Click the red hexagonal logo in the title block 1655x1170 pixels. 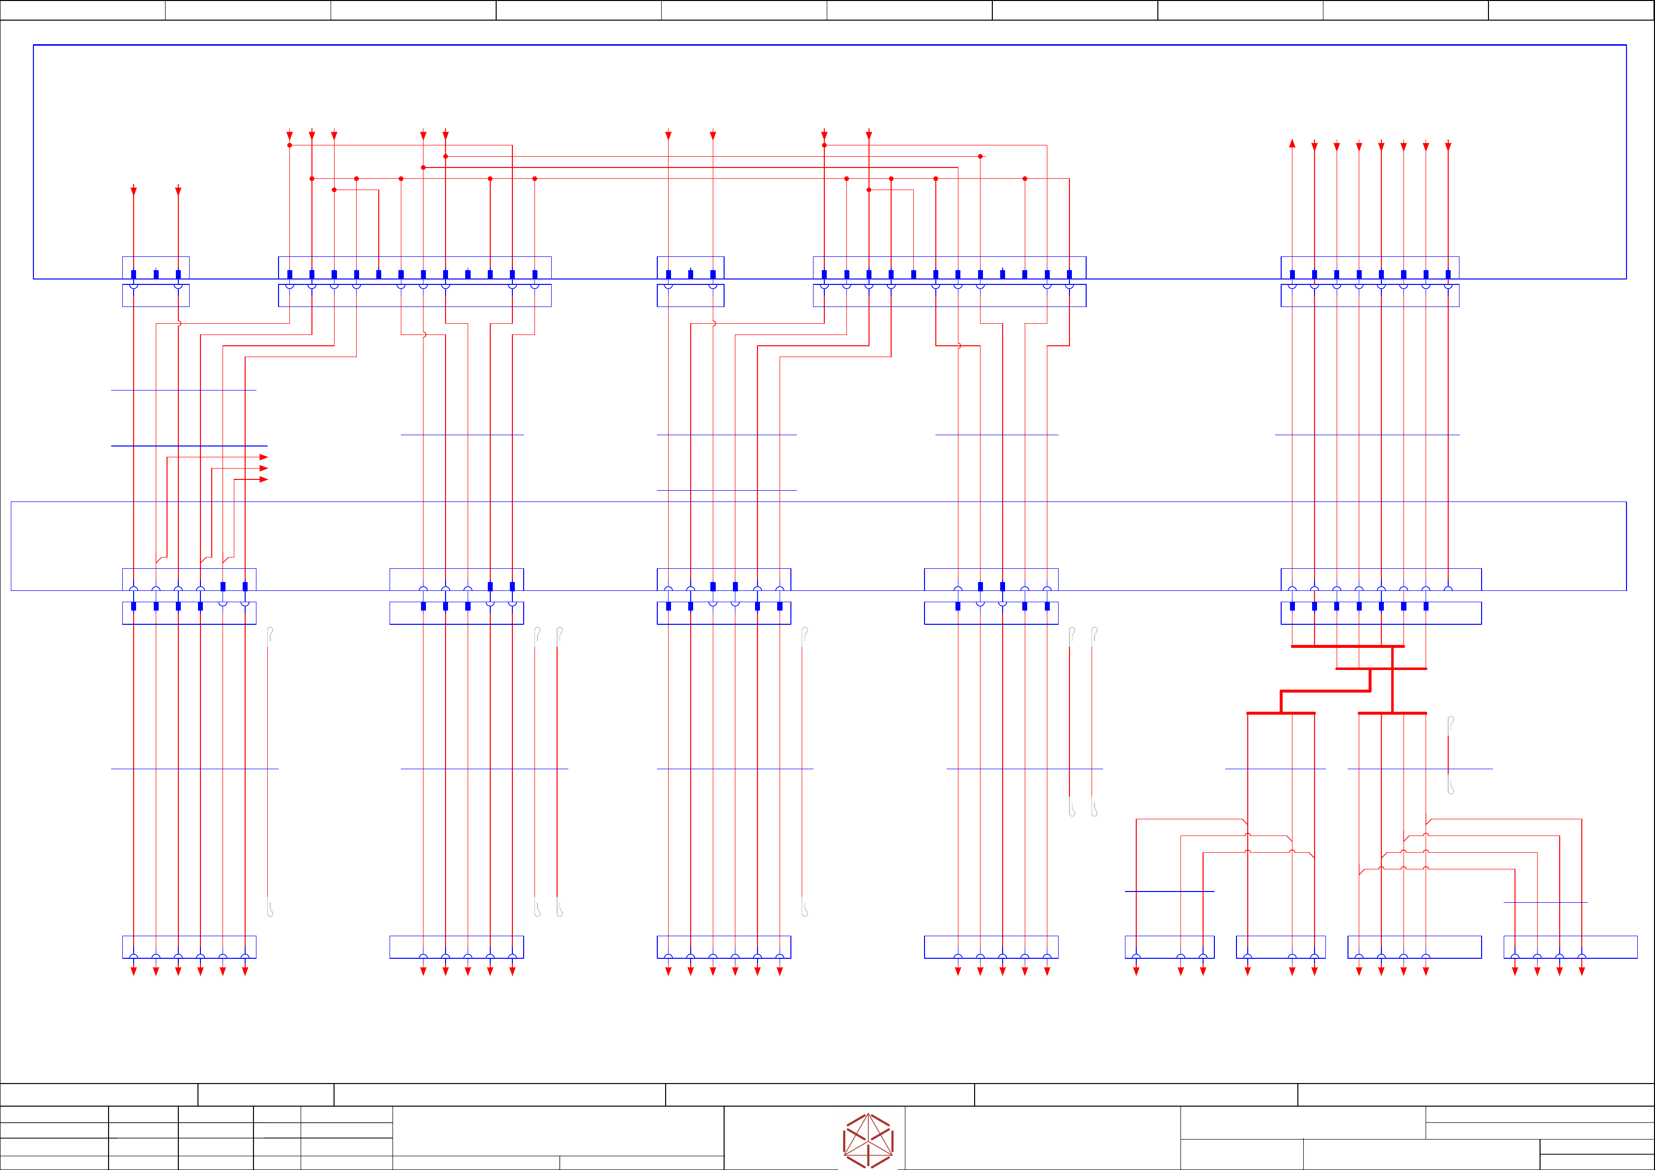pos(868,1141)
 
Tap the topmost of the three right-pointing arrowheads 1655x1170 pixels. pos(264,457)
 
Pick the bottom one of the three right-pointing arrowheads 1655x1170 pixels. pos(264,479)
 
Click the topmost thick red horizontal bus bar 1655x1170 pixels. pos(1347,646)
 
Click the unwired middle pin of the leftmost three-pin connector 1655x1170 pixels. pos(156,275)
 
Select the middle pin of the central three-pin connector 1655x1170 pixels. pos(691,275)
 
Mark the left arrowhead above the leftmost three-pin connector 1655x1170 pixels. pos(133,191)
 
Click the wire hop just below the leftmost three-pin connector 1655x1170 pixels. pos(179,324)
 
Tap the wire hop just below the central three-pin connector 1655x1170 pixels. pos(714,324)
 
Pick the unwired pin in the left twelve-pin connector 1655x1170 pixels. pos(468,275)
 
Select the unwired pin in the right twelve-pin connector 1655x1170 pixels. pos(1003,275)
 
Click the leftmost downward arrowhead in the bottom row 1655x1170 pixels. pos(133,972)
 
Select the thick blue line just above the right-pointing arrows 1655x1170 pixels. pos(189,446)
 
